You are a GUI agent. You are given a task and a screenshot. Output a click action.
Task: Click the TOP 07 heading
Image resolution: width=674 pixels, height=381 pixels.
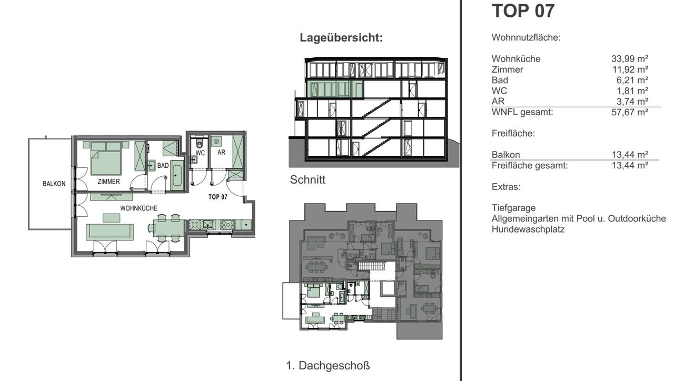[x=523, y=11]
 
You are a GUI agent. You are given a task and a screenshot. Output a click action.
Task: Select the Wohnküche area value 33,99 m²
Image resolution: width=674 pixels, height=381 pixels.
[x=630, y=58]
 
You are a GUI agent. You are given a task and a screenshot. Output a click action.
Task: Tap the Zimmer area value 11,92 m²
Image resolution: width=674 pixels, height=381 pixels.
[x=630, y=69]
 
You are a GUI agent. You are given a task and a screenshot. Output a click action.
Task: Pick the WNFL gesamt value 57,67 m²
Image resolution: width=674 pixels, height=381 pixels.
[x=630, y=112]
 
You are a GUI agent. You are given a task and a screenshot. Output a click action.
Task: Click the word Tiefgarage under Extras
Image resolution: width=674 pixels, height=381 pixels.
[x=513, y=208]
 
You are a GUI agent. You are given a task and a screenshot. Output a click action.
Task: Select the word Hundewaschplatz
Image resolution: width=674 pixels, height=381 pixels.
[x=528, y=229]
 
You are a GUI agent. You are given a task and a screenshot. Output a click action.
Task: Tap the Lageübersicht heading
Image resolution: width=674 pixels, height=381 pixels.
[x=341, y=38]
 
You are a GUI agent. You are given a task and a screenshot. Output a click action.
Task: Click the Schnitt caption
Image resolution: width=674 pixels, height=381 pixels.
[x=308, y=180]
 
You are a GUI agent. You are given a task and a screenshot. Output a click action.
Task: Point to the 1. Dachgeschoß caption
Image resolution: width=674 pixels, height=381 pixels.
[x=328, y=366]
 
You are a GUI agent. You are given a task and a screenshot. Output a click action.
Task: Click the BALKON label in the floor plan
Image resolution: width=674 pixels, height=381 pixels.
[x=54, y=184]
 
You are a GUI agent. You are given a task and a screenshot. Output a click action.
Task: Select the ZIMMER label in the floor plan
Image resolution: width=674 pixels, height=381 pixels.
[x=108, y=182]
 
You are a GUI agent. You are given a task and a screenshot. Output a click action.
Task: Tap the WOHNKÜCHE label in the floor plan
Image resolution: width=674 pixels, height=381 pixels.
[x=138, y=208]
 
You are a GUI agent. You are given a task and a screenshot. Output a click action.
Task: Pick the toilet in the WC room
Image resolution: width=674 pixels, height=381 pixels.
[x=199, y=143]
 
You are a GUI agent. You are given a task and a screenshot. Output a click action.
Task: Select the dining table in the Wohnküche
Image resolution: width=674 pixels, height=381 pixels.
[x=168, y=228]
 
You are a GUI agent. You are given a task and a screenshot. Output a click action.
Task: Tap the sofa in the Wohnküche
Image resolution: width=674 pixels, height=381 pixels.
[x=110, y=232]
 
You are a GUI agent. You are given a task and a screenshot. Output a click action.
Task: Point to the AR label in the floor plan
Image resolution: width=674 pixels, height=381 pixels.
[x=222, y=153]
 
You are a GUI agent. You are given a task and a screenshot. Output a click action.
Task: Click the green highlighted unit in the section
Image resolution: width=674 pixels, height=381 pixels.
[x=334, y=89]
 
